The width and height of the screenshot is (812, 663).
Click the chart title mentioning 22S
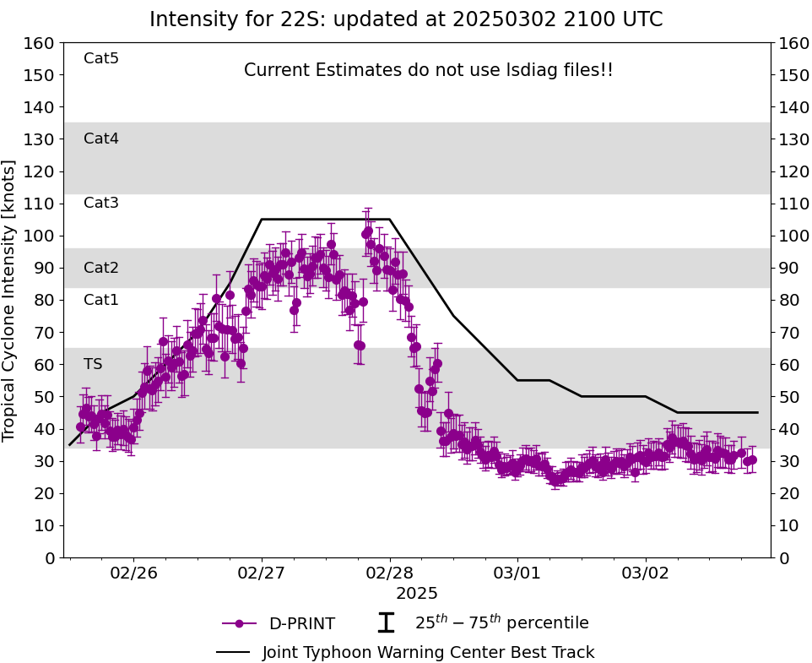(406, 19)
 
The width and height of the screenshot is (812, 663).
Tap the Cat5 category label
(101, 58)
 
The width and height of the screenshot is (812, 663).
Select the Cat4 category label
(101, 139)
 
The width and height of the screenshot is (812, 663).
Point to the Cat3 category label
(101, 203)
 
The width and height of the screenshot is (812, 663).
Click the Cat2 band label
(101, 267)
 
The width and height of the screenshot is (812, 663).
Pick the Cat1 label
(101, 299)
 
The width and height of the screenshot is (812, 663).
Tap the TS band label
(93, 364)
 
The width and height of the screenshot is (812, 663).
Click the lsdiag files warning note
(428, 70)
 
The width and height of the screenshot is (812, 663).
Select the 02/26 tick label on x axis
(134, 573)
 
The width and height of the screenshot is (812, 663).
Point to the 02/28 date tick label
(390, 573)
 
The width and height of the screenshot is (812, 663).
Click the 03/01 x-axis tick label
(517, 573)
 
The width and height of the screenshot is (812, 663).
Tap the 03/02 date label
(646, 573)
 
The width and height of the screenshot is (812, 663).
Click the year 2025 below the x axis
(417, 593)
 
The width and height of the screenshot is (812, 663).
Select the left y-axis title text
(8, 301)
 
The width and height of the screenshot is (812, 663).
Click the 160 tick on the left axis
(39, 43)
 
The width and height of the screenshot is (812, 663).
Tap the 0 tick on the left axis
(50, 558)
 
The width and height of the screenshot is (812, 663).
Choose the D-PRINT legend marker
(239, 623)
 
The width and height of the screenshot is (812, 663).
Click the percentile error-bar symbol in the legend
(386, 622)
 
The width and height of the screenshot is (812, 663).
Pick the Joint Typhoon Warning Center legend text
(428, 652)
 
